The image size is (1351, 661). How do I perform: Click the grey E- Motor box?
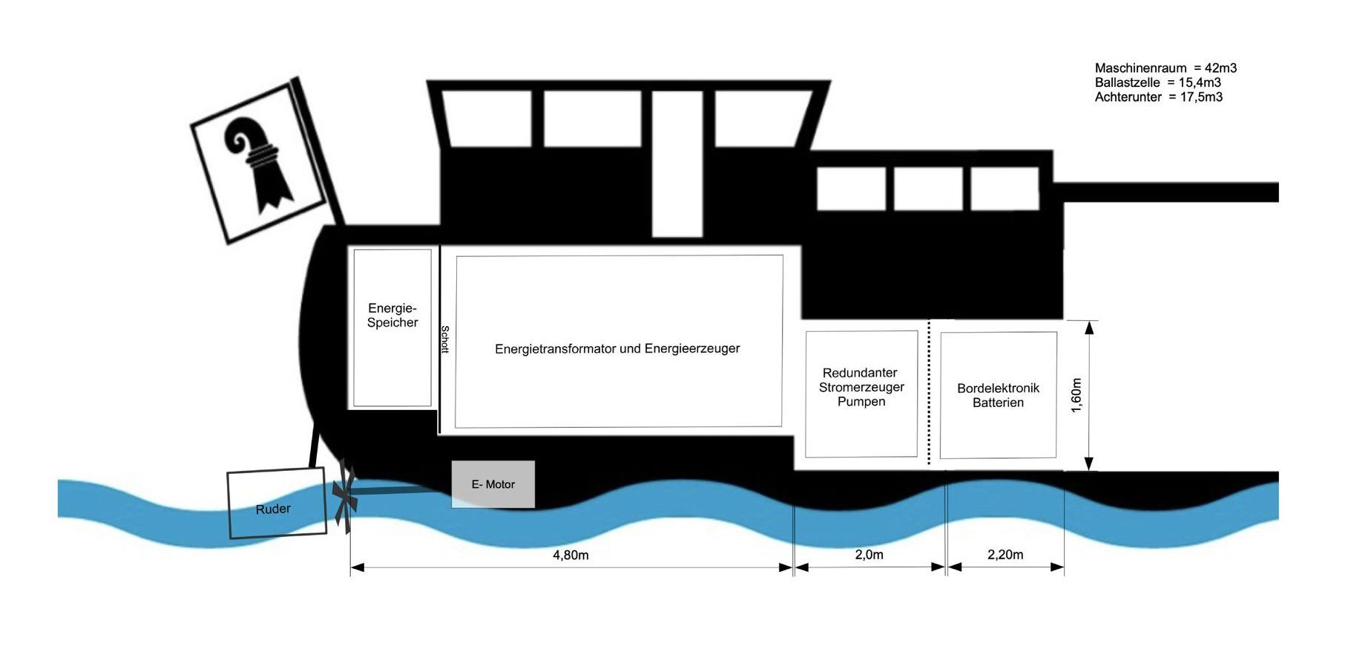tap(493, 484)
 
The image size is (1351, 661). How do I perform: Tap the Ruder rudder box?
tap(276, 503)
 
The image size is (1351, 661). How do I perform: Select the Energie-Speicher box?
tap(392, 328)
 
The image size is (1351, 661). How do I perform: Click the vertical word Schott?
tap(445, 339)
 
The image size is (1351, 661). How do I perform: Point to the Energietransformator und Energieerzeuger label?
tap(617, 348)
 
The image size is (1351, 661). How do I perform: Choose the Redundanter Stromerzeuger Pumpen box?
tap(861, 394)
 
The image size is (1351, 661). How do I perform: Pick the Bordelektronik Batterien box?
tap(999, 395)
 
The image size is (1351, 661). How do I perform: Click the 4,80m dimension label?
tap(571, 555)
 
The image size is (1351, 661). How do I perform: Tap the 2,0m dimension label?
tap(870, 555)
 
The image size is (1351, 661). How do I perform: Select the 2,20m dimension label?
tap(1005, 555)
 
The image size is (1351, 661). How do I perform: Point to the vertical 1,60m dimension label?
tap(1076, 395)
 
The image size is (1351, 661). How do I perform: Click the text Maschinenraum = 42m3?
tap(1166, 68)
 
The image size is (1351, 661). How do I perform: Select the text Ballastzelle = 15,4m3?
tap(1157, 82)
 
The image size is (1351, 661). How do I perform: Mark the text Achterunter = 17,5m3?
tap(1159, 97)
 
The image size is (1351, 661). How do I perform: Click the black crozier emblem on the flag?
tap(259, 164)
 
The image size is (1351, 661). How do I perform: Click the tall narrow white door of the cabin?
tap(677, 163)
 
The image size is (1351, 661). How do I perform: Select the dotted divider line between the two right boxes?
tap(929, 394)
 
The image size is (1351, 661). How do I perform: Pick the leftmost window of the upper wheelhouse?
tap(487, 118)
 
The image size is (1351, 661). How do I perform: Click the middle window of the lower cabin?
tap(928, 189)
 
